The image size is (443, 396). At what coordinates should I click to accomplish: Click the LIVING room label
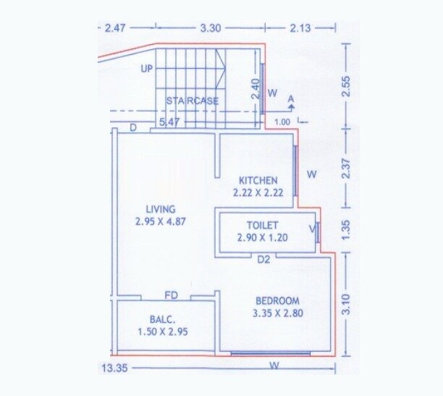(160, 209)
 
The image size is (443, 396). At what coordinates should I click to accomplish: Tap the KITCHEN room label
(258, 180)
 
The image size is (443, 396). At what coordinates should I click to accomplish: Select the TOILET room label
(262, 225)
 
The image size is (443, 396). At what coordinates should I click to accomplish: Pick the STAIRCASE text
(192, 101)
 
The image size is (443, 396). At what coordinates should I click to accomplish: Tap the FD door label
(172, 295)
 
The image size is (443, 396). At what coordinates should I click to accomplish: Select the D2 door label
(263, 259)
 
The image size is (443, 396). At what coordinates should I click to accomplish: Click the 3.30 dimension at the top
(211, 28)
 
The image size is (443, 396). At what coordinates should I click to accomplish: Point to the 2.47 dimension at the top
(116, 28)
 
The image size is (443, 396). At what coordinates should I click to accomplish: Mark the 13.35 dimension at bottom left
(111, 368)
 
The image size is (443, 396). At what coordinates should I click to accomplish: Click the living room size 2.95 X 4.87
(160, 222)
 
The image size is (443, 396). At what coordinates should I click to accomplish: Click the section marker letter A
(291, 98)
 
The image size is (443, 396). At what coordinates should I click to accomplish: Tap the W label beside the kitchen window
(311, 174)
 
